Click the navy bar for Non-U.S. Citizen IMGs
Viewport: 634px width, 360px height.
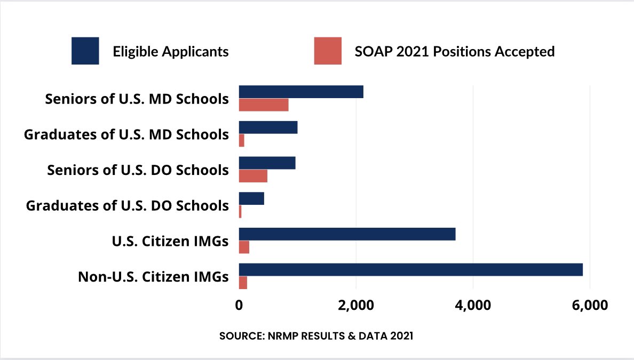point(410,269)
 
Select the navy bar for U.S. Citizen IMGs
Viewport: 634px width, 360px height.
point(347,234)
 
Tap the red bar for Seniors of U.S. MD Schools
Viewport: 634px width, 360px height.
point(264,105)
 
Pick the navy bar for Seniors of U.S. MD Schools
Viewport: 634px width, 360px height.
point(301,92)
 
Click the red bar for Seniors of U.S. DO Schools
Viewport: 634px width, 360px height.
point(253,176)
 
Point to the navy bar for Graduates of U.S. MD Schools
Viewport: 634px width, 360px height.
point(268,127)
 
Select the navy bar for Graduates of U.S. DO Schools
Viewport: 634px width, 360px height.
point(251,198)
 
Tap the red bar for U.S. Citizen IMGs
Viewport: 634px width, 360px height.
point(244,247)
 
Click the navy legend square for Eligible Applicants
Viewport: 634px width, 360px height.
point(85,51)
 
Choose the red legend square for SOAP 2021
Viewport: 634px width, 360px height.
point(328,51)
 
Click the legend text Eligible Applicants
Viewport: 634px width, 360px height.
point(171,52)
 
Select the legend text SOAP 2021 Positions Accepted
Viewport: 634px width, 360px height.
point(455,52)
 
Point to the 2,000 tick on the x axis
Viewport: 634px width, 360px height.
point(355,306)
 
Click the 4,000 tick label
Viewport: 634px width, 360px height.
point(472,306)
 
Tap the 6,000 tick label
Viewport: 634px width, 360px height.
point(589,306)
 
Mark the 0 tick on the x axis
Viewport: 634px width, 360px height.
point(239,306)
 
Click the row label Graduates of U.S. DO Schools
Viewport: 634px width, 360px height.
point(128,206)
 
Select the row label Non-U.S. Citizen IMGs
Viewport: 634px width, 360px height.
point(153,277)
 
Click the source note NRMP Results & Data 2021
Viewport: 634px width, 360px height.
point(316,337)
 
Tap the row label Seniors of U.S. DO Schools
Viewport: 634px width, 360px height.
point(138,170)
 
